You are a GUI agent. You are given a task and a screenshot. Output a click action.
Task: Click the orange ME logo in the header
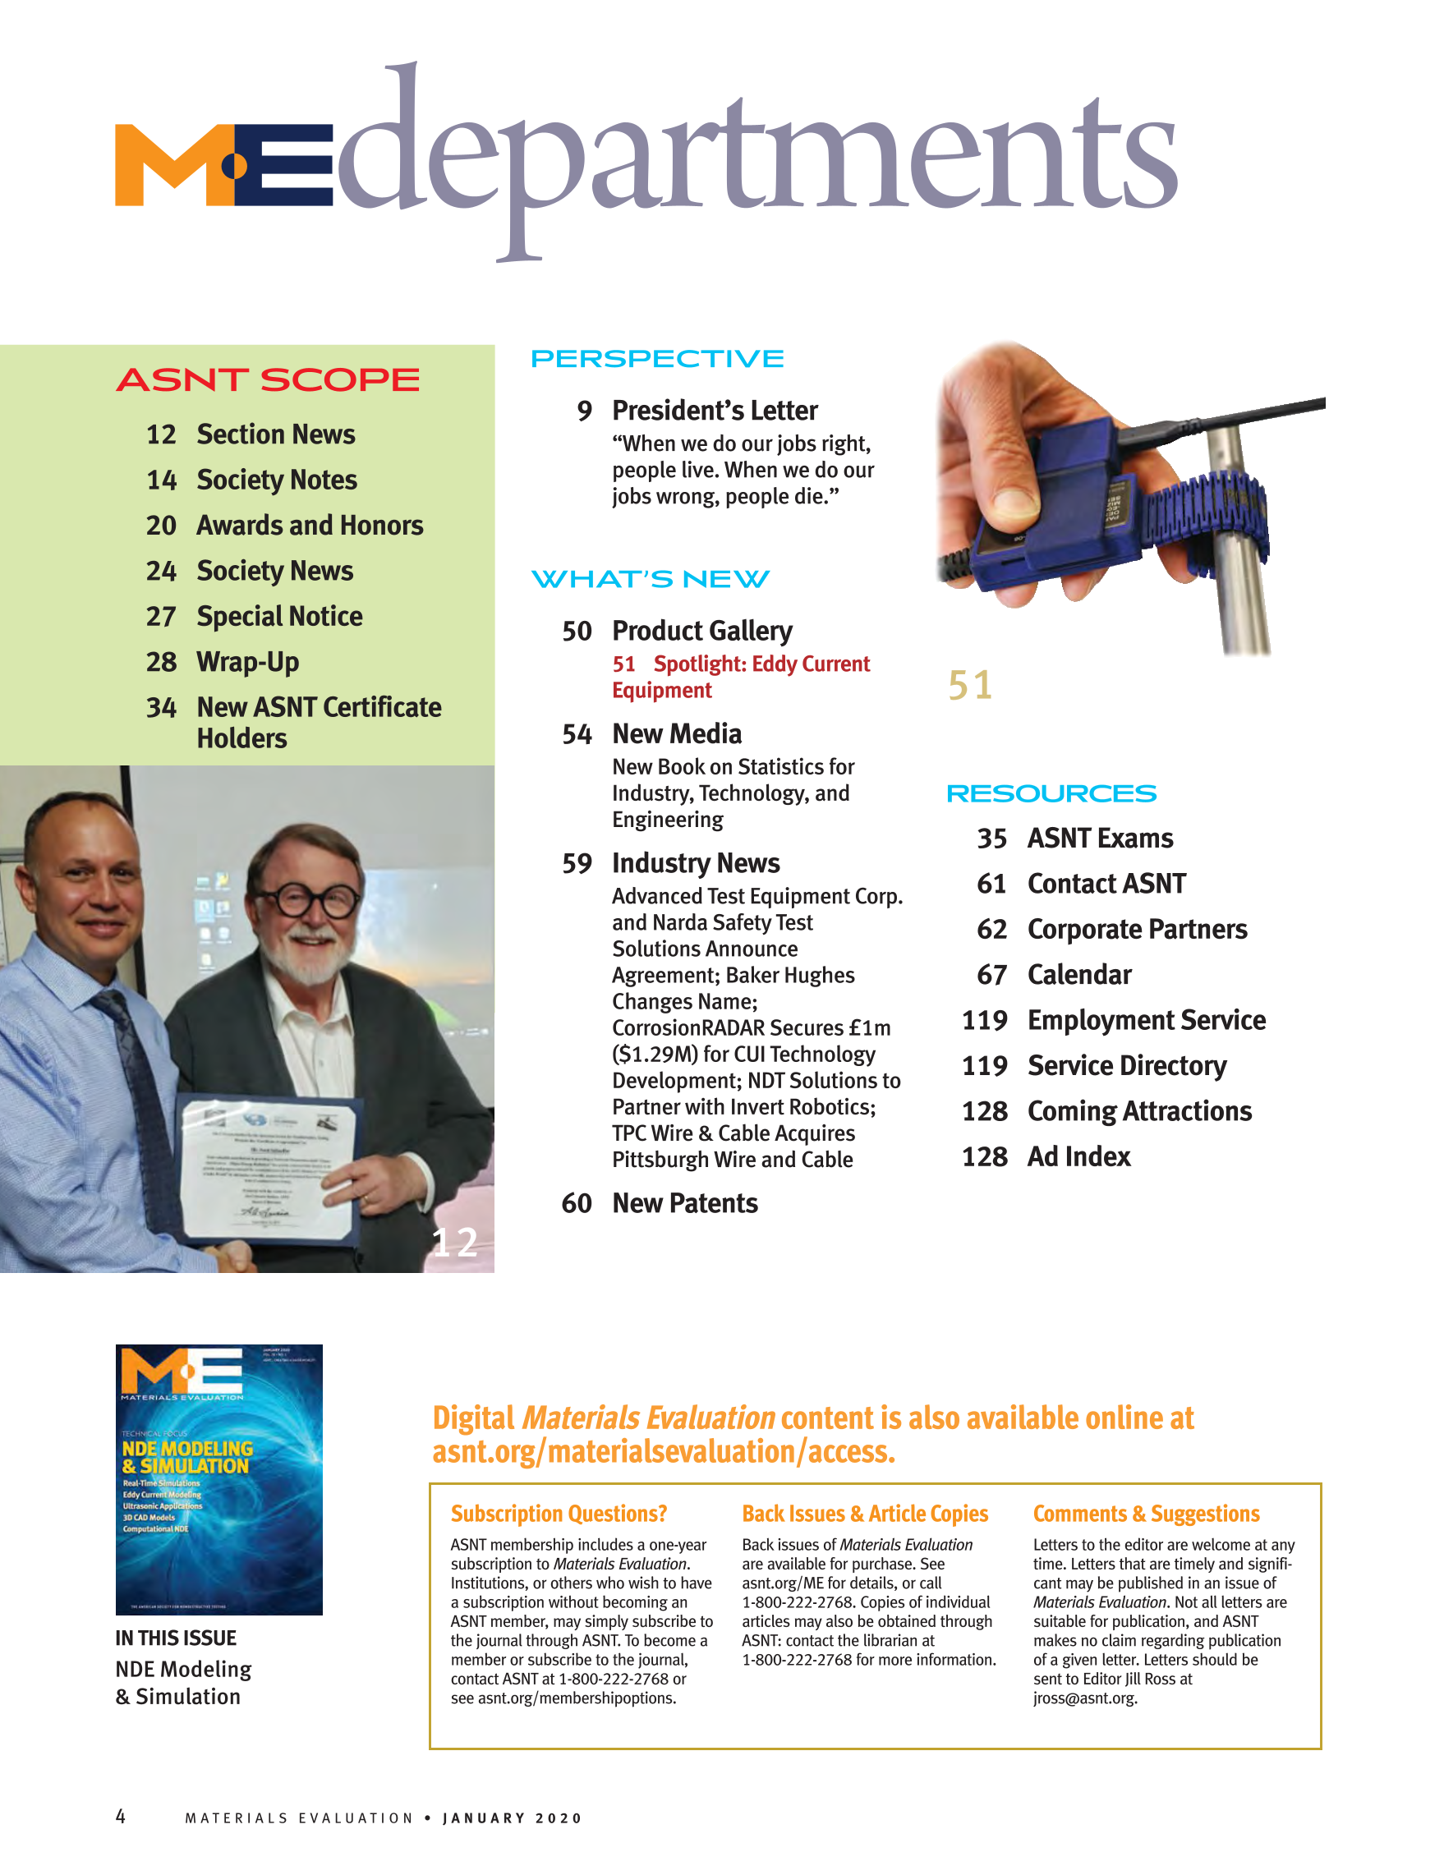[x=223, y=165]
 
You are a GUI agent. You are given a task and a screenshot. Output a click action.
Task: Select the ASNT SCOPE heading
[x=268, y=379]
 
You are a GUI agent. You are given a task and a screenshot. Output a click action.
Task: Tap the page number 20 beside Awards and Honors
[x=161, y=526]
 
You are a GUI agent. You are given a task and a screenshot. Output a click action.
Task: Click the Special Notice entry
[x=279, y=617]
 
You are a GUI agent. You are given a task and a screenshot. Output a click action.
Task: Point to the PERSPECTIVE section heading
[x=657, y=359]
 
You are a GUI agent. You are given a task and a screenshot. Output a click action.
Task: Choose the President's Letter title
[x=715, y=411]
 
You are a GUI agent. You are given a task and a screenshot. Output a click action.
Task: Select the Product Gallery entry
[x=701, y=631]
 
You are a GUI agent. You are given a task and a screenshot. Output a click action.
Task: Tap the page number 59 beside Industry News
[x=577, y=864]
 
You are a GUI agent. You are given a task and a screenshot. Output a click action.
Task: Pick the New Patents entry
[x=684, y=1204]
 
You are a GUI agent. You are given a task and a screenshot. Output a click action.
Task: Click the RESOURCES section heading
[x=1051, y=794]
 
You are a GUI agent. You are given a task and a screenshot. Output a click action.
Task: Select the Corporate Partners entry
[x=1137, y=930]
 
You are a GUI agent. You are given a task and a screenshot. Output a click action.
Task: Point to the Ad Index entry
[x=1078, y=1157]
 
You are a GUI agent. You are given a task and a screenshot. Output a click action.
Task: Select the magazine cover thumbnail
[x=219, y=1479]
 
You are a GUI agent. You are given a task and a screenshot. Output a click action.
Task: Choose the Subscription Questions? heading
[x=558, y=1514]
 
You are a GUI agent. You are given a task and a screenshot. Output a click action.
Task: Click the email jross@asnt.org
[x=1084, y=1698]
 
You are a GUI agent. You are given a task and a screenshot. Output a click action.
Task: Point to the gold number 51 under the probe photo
[x=970, y=685]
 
